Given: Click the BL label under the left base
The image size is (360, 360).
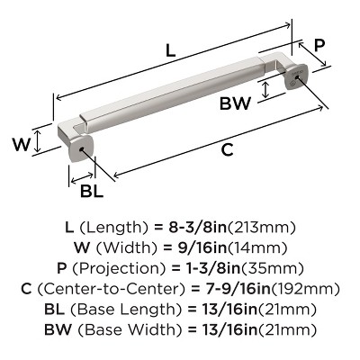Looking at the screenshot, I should click(x=91, y=190).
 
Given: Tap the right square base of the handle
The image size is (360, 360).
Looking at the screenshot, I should click(x=297, y=81).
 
